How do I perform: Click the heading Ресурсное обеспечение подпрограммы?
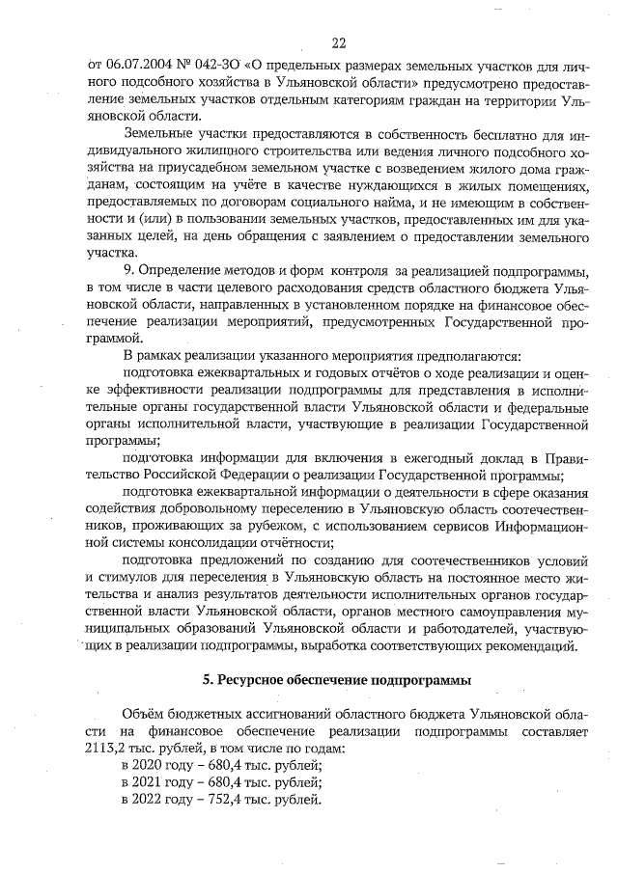(x=337, y=681)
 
